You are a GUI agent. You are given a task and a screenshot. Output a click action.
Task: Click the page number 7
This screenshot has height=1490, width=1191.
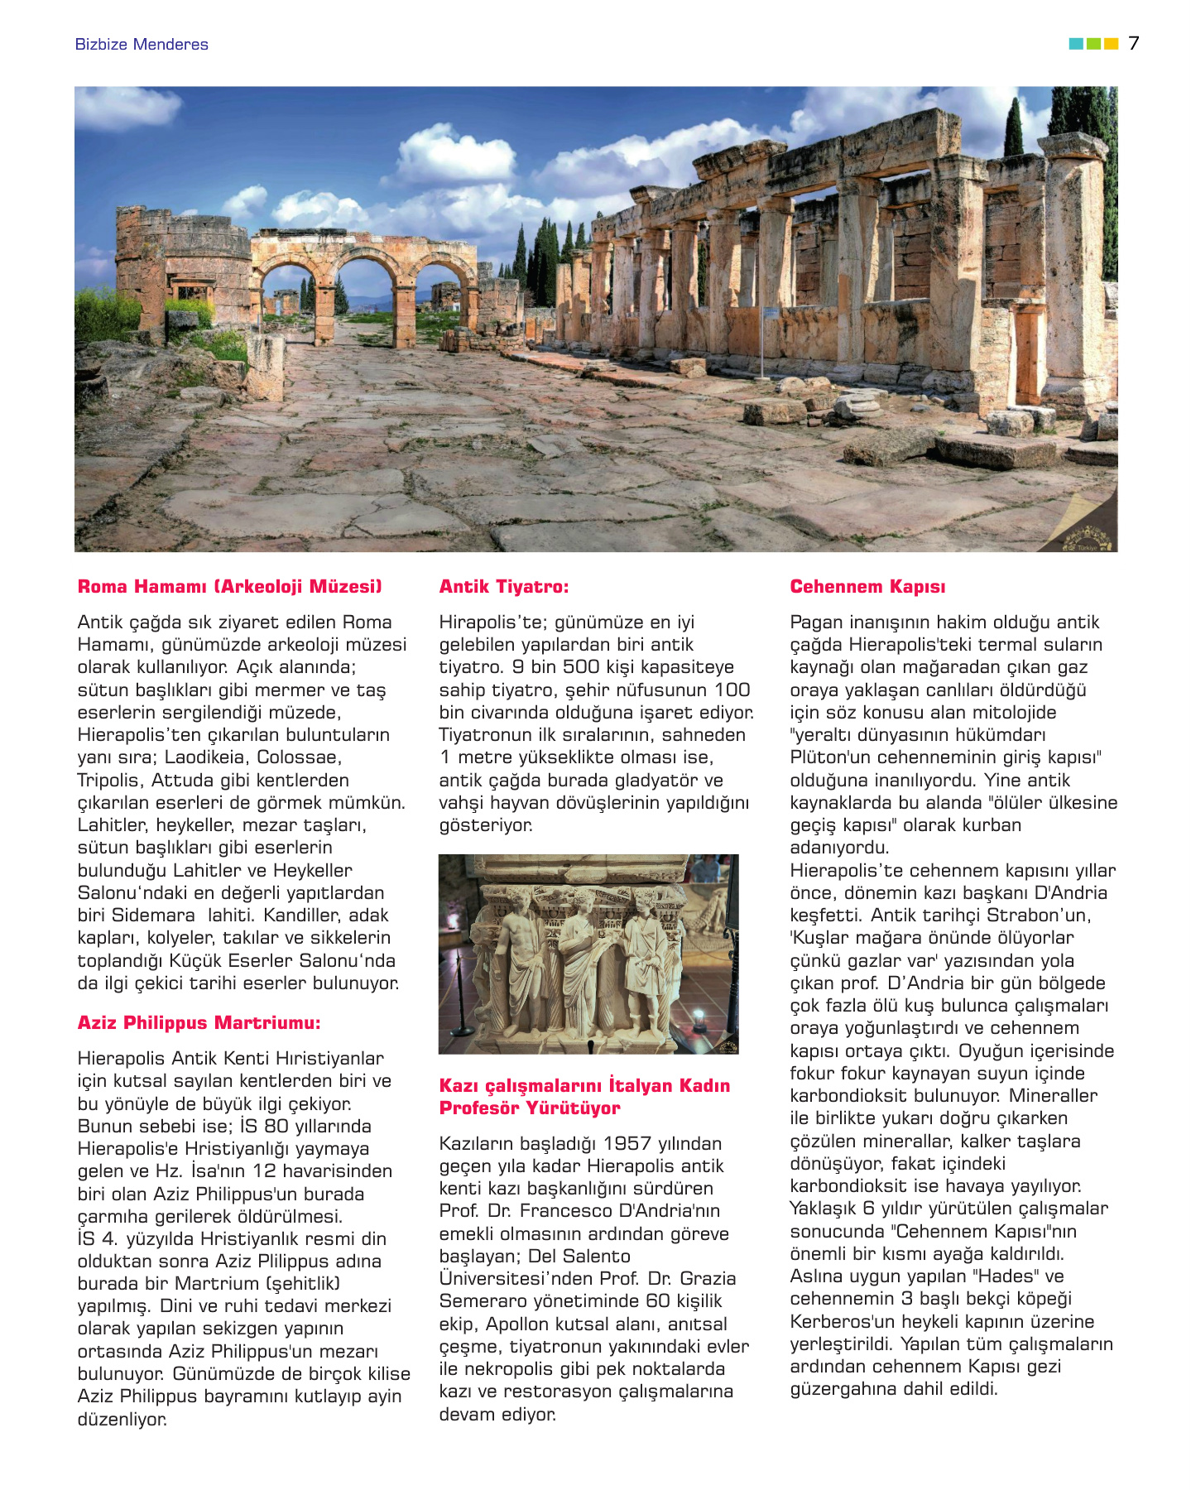point(1133,43)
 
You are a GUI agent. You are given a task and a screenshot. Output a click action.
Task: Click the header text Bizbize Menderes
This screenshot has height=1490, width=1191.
point(142,45)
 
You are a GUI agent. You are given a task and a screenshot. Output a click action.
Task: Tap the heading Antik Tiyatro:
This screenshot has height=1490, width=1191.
point(504,587)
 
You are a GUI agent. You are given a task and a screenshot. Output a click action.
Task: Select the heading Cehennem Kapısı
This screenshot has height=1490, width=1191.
point(867,587)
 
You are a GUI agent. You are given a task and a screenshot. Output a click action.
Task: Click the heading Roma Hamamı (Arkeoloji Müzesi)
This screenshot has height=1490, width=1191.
point(230,587)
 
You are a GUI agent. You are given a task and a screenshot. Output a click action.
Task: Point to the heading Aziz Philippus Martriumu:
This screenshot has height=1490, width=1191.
point(199,1023)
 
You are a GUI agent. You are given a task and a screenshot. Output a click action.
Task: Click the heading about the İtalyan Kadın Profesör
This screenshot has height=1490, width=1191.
point(584,1097)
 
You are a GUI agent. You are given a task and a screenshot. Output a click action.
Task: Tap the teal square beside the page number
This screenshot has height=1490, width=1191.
point(1076,43)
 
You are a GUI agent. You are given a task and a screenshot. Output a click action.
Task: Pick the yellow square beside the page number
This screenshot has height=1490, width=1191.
point(1112,43)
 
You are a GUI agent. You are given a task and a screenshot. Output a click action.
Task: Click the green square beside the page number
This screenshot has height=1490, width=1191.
point(1093,43)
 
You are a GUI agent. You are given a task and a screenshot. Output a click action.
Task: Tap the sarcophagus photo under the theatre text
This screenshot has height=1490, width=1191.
point(588,954)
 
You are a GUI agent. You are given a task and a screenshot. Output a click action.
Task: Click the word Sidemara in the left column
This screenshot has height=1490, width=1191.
point(155,916)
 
